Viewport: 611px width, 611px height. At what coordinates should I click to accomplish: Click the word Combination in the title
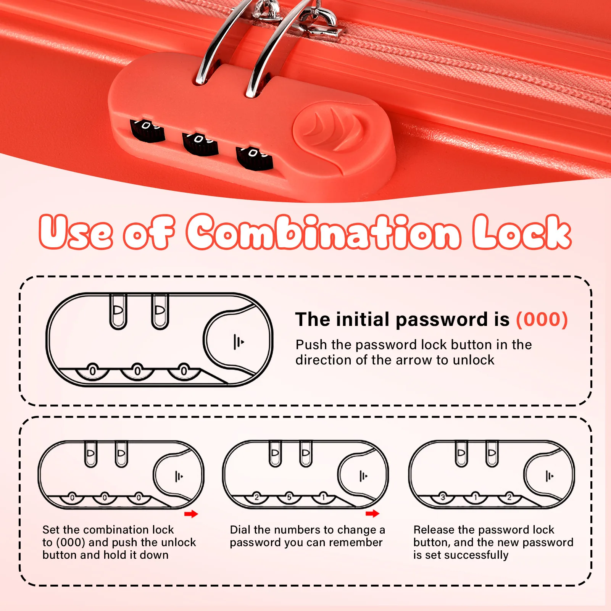click(x=324, y=232)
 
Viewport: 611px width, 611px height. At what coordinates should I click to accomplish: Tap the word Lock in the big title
click(x=522, y=232)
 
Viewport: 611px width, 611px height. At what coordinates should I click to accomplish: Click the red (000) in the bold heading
click(x=542, y=319)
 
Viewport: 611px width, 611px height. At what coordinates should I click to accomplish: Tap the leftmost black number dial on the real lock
click(x=147, y=130)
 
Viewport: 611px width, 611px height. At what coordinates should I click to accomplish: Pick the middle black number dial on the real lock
click(x=200, y=143)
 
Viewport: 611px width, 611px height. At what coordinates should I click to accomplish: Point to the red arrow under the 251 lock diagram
click(x=372, y=513)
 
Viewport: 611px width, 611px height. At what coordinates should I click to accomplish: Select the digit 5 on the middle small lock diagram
click(x=289, y=497)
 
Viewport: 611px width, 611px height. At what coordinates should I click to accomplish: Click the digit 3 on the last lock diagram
click(x=443, y=497)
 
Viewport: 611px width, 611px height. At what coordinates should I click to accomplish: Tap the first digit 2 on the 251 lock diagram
click(x=256, y=497)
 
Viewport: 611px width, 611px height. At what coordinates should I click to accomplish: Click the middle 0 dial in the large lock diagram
click(x=138, y=371)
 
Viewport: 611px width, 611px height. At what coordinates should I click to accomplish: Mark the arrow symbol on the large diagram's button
click(x=239, y=342)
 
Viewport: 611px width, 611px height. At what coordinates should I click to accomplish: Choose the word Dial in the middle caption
click(x=240, y=530)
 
